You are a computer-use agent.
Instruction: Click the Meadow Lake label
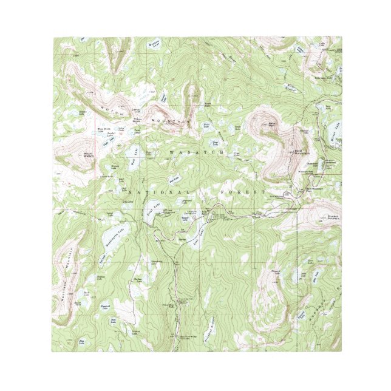coord(155,44)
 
